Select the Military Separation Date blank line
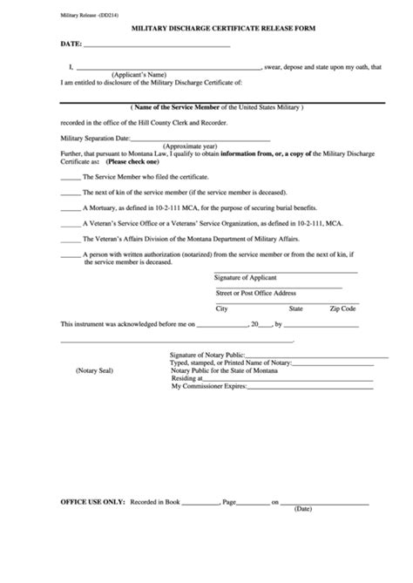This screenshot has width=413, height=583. [171, 138]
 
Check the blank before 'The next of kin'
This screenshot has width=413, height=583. [71, 193]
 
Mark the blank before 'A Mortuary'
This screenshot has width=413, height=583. [71, 208]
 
